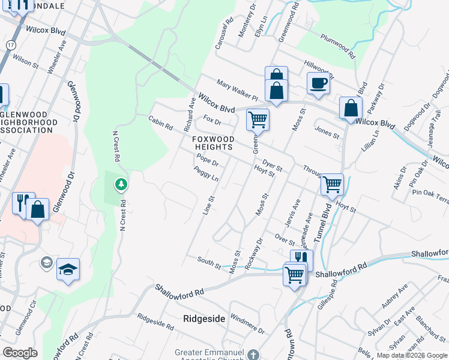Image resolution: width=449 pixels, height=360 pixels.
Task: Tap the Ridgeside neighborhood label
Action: [204, 319]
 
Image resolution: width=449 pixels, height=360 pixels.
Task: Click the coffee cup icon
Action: [318, 83]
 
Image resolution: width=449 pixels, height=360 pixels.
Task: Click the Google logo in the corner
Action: [20, 353]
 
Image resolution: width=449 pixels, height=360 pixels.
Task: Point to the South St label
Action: [208, 260]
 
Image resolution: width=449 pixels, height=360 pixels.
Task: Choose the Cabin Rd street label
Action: [160, 123]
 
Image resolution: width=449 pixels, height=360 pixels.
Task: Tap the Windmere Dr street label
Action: [247, 325]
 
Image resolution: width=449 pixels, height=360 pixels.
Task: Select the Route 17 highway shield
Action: [11, 45]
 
